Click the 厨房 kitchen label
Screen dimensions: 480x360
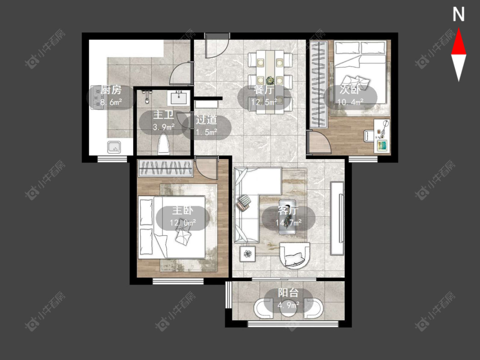coord(111,90)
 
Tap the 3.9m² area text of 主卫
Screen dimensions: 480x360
coord(164,126)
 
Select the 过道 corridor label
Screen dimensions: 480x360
coord(207,120)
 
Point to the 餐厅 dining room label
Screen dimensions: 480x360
coord(264,90)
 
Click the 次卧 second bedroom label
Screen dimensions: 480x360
coord(350,90)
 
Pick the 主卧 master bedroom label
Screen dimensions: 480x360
coord(183,211)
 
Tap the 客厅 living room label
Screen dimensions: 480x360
coord(288,210)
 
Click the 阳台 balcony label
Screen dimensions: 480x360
coord(288,293)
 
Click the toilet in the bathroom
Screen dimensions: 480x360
coord(163,144)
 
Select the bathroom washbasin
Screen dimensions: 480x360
coord(179,98)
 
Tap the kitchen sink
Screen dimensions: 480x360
coord(114,147)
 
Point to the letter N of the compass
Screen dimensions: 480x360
coord(458,15)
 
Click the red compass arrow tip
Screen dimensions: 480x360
coord(459,29)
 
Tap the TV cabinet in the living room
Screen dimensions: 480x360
coord(337,218)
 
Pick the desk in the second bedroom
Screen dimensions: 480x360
coord(382,136)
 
